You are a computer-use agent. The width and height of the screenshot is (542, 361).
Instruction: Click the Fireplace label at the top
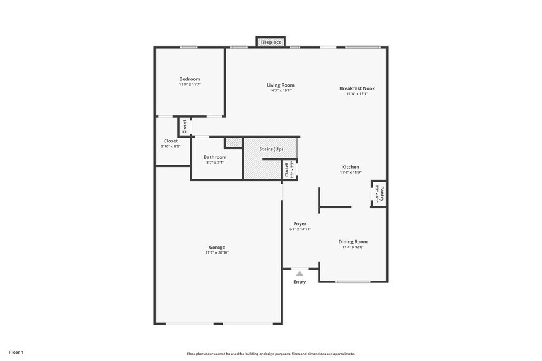coord(271,42)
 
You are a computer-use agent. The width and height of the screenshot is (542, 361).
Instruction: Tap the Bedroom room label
coord(190,79)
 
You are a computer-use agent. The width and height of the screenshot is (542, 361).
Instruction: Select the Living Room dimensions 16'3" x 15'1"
coord(281,90)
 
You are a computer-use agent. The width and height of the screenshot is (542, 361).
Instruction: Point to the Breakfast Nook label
coord(357,88)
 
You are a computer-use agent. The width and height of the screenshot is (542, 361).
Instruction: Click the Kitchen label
coord(350,167)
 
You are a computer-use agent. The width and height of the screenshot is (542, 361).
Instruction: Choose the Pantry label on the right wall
coord(381,195)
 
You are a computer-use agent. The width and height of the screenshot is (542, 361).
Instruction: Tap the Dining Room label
coord(353,241)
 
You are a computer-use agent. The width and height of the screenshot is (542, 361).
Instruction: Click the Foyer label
coord(300,224)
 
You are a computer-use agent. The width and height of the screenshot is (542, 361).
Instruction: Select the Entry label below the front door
coord(300,282)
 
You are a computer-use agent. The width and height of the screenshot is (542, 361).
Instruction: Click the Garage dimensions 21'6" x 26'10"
coord(217,252)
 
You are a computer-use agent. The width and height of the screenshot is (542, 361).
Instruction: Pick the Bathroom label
coord(215,157)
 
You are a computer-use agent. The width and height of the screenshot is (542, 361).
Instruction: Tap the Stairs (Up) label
coord(271,149)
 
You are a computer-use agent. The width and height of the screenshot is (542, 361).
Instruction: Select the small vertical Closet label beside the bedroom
coord(184,126)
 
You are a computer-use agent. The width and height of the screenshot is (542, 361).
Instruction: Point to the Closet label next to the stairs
coord(287,170)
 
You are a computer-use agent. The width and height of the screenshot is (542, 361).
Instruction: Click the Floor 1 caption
coord(16,352)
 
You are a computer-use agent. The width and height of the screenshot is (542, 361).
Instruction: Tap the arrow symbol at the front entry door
coord(300,273)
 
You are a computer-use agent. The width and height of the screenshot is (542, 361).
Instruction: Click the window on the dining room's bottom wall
coord(352,282)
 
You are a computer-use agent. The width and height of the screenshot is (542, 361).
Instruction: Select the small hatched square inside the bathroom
coord(233,142)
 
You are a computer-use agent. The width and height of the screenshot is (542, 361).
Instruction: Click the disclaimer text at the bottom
coord(271,354)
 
